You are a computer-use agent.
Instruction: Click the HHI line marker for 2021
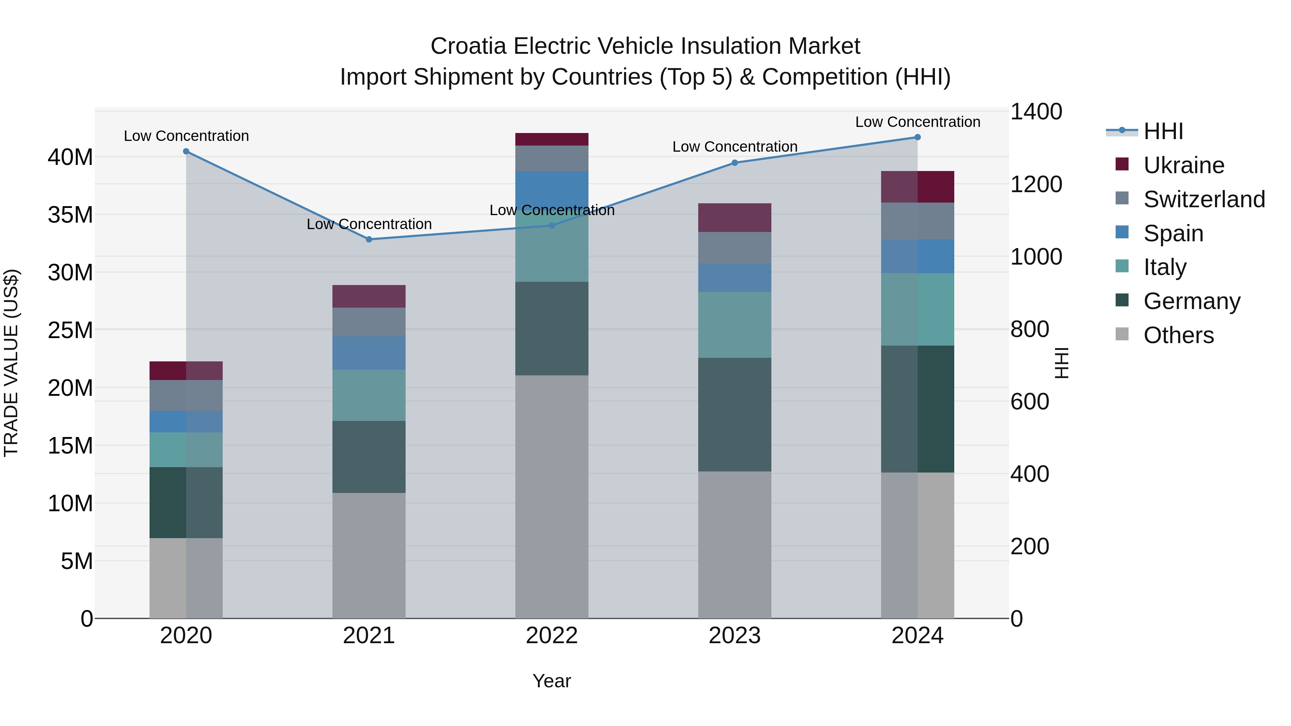tap(369, 239)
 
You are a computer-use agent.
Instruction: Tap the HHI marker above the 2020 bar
tap(186, 151)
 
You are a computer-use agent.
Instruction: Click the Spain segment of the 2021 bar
tap(369, 353)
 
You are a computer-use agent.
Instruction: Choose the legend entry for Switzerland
tap(1204, 199)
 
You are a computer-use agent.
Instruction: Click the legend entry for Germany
tap(1191, 301)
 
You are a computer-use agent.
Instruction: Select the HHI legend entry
tap(1163, 131)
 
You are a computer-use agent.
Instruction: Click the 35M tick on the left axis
tap(70, 215)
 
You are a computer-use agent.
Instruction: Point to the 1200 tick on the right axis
tap(1035, 184)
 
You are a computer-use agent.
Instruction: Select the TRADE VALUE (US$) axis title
tap(11, 363)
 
